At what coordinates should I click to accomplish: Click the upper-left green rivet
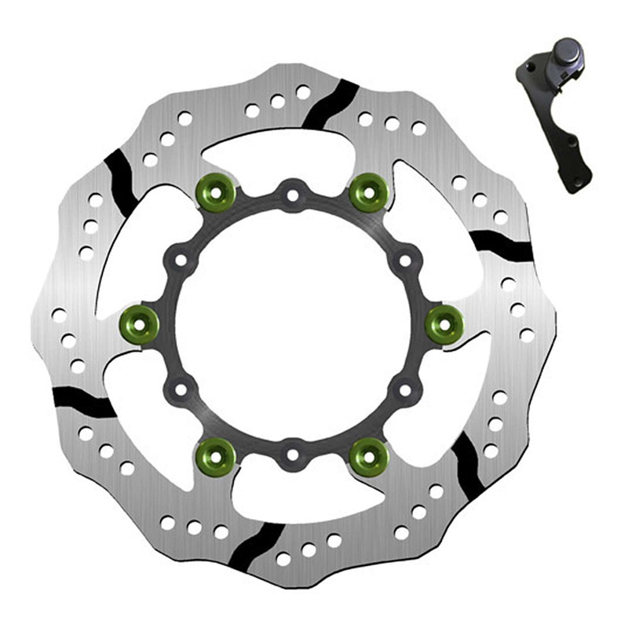tap(215, 192)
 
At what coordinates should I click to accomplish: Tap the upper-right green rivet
tap(368, 192)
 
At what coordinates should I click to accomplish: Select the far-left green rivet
tap(139, 322)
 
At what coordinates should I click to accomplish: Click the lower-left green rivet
tap(215, 454)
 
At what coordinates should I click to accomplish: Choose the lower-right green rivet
tap(368, 454)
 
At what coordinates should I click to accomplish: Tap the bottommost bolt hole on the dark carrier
tap(292, 454)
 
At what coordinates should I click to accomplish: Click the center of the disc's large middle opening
tap(292, 322)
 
